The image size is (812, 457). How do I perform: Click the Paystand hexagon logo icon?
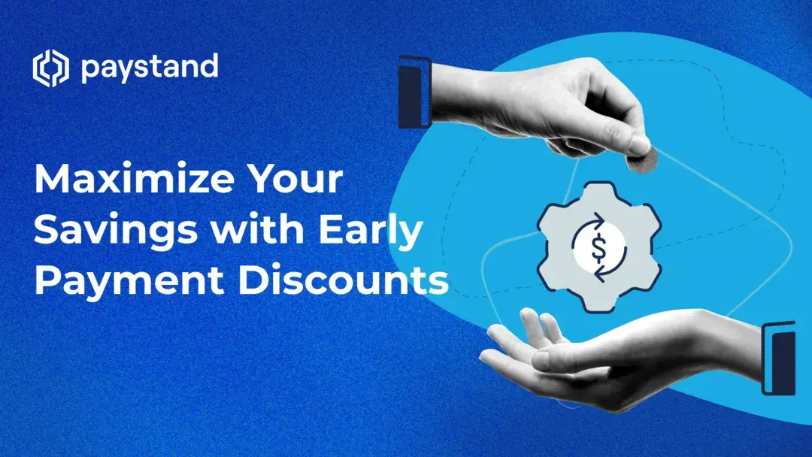point(50,69)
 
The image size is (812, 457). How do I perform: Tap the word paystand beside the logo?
point(149,69)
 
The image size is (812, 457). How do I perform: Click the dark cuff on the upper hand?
point(415,92)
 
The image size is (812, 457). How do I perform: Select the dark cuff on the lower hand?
point(779,358)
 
